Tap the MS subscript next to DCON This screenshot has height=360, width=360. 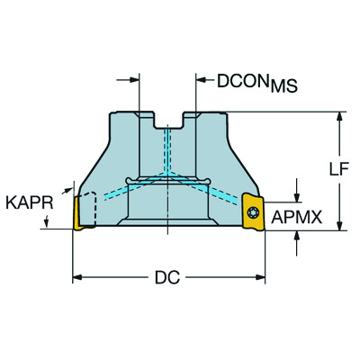pos(283,88)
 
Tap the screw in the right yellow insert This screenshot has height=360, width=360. pos(254,212)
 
